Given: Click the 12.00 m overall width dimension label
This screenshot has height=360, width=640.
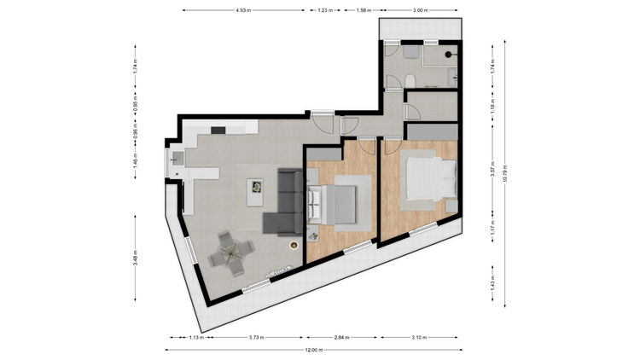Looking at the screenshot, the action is click(314, 350).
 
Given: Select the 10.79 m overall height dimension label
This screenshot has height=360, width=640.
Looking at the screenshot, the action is click(505, 173).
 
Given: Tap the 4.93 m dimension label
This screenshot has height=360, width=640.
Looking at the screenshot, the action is click(243, 10).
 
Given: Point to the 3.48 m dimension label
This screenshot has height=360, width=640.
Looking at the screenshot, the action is click(136, 258).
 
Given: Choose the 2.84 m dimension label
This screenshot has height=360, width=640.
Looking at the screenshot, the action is click(341, 338).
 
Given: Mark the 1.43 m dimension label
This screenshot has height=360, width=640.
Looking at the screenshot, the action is click(492, 284).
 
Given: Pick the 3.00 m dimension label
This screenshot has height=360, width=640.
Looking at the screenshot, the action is click(420, 10).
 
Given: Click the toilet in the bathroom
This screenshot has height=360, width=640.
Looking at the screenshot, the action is click(410, 81).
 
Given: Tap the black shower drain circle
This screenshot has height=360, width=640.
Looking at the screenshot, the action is click(448, 55).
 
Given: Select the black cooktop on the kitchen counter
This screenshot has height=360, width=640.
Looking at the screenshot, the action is click(218, 131).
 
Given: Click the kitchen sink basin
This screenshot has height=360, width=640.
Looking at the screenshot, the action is click(177, 158).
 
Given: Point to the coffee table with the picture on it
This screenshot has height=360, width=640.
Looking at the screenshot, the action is click(255, 192).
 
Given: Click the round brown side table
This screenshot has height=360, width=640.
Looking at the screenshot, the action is click(294, 245).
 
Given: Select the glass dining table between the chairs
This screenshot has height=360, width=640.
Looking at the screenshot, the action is click(231, 253).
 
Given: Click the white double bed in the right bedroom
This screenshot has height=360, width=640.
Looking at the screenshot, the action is click(432, 179).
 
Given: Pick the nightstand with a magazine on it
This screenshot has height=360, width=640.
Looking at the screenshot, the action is click(313, 236).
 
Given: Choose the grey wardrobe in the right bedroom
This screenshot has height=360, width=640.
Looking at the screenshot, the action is click(433, 132).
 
